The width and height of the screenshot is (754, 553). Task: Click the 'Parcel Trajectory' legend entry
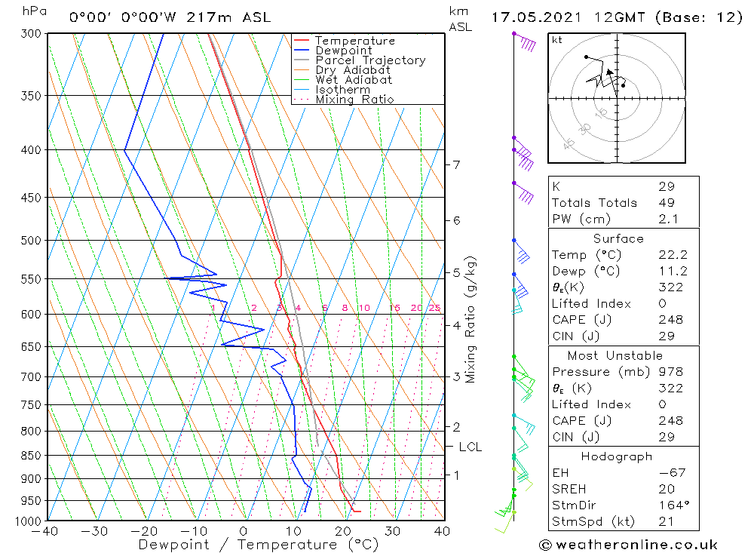370,60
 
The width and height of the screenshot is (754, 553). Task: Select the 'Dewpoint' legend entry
343,51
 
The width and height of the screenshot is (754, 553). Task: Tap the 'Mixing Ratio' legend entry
354,99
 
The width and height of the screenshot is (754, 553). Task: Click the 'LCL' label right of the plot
470,447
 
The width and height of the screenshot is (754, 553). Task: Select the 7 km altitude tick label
456,164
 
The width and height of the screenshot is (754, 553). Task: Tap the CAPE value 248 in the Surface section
670,320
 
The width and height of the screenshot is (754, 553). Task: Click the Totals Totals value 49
667,202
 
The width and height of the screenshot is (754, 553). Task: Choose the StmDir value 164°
671,505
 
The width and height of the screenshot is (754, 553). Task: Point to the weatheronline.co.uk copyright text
628,545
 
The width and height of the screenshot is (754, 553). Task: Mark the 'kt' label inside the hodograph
557,39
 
